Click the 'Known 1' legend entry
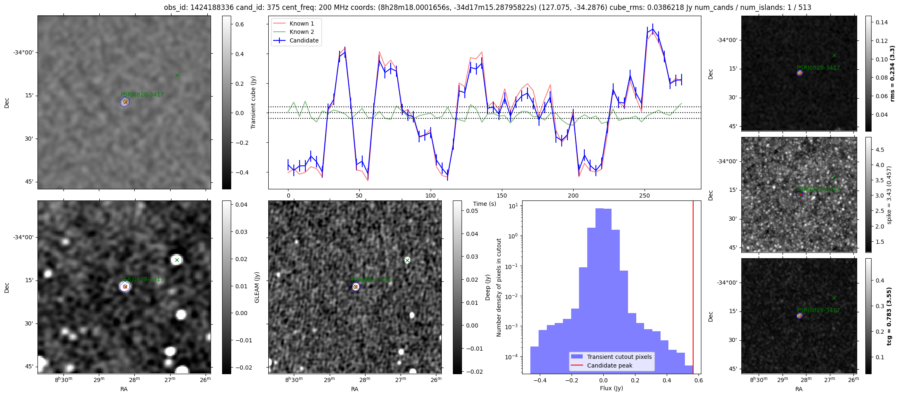tap(301, 24)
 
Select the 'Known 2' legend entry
tap(301, 32)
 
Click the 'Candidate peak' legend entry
tap(609, 365)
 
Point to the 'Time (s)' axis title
tap(485, 204)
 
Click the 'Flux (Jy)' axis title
tap(612, 388)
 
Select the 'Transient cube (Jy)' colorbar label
tap(253, 102)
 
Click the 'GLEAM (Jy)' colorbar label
tap(257, 287)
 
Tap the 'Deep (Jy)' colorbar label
tap(488, 287)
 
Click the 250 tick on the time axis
tap(644, 196)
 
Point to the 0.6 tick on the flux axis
tap(698, 380)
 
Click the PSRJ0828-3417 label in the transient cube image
tap(142, 94)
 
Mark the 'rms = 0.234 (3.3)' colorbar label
tap(893, 73)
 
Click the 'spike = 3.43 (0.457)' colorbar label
tap(889, 195)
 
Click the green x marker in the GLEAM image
tap(177, 260)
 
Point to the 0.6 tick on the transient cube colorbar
tap(239, 24)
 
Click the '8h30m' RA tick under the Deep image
tap(294, 379)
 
